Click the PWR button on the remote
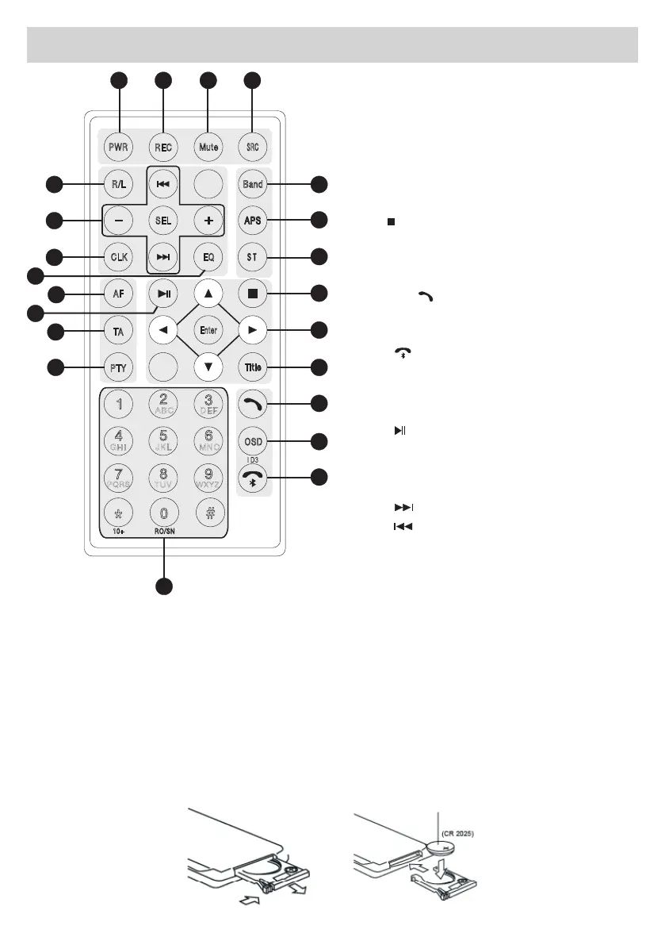(120, 147)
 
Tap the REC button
(163, 147)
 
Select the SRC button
(252, 147)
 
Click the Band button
(253, 185)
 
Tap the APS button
(253, 220)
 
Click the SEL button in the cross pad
(163, 220)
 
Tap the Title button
(253, 367)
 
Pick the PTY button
(119, 367)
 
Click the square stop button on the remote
(253, 294)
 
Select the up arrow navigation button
(208, 294)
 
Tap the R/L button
(119, 185)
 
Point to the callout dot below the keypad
(164, 588)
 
